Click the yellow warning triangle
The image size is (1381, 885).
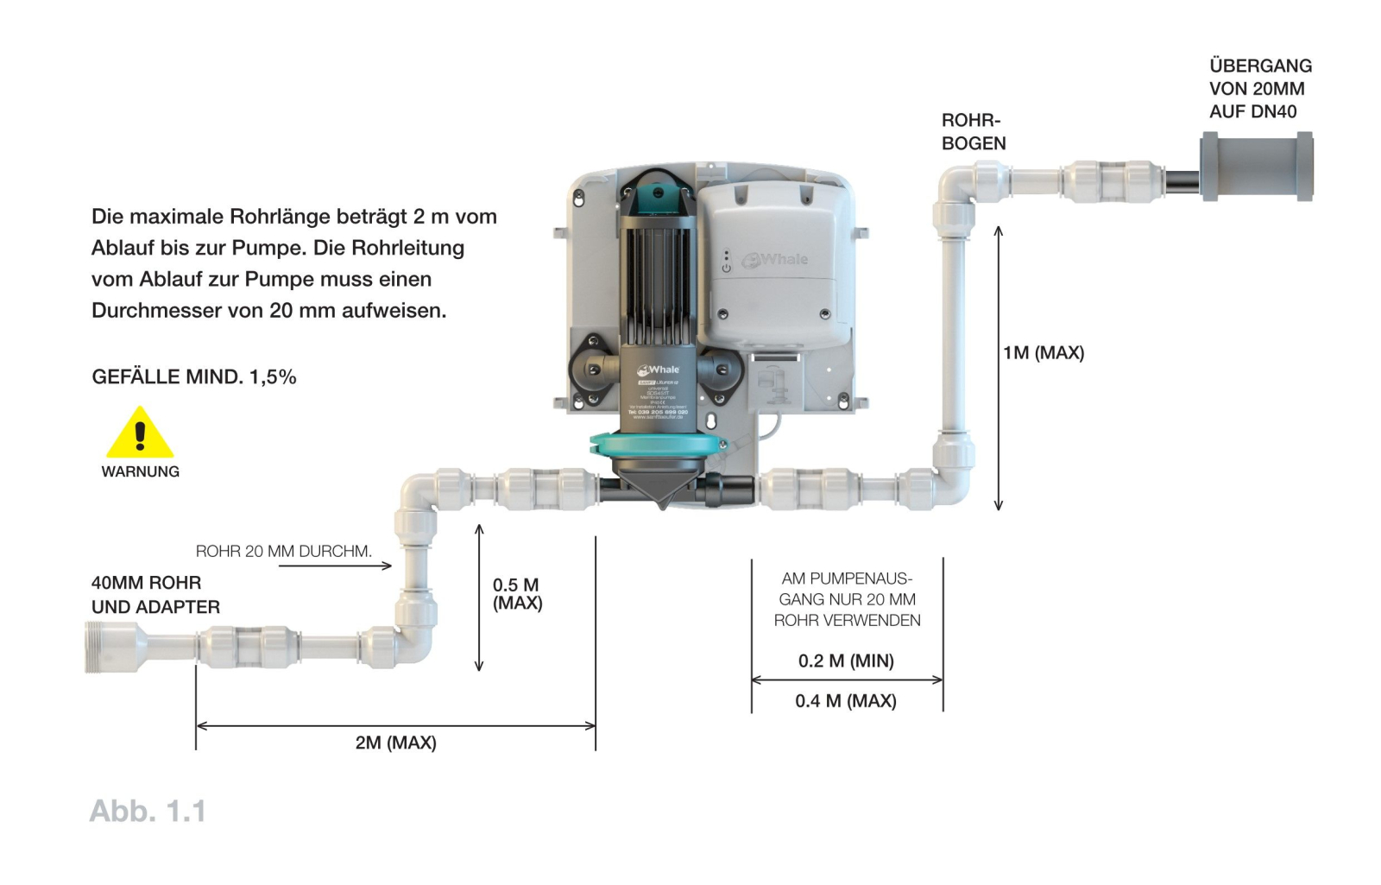[140, 434]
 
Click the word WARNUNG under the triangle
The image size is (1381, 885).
[140, 471]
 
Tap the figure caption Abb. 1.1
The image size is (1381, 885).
[148, 811]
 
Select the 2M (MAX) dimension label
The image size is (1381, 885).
[395, 743]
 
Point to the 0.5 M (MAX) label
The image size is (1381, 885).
[517, 594]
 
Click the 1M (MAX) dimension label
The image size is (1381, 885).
[1043, 352]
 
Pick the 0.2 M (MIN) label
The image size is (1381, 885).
[846, 661]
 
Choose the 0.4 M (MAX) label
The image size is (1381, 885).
[846, 701]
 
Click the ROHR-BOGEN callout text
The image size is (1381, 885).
[973, 132]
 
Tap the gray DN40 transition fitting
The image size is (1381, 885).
[1257, 167]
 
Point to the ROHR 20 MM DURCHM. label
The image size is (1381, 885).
[283, 551]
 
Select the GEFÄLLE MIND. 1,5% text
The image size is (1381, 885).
[193, 376]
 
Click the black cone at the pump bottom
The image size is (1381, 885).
[662, 490]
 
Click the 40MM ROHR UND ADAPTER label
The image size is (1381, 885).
[155, 595]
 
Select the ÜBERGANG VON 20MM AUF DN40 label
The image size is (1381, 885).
[1259, 88]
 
